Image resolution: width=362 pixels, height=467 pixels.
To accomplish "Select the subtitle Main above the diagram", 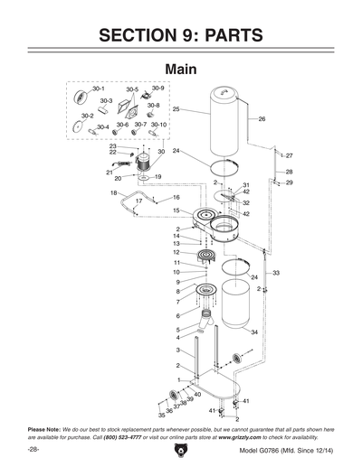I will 181,69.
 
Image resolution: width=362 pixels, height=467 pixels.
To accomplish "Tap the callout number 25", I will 176,109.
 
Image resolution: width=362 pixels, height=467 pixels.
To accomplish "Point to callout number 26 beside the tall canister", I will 262,119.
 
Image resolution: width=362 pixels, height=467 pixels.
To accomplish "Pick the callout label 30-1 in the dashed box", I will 85,89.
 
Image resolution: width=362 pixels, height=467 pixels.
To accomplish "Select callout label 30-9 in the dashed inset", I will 157,89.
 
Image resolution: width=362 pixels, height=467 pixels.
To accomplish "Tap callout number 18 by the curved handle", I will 114,193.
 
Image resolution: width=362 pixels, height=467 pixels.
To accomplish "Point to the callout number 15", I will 177,210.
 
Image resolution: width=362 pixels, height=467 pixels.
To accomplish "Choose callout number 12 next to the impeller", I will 177,252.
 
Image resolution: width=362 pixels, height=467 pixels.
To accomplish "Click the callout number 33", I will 276,272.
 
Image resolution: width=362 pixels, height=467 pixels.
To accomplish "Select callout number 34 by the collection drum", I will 254,332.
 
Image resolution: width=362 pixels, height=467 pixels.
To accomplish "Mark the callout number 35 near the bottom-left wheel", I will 136,416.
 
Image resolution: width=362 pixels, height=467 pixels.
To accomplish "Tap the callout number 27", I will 289,156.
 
